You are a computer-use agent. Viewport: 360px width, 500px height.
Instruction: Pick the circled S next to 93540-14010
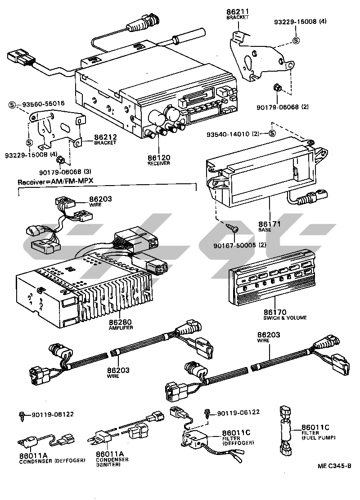point(272,133)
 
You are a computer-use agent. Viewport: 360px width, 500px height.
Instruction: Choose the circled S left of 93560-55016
point(13,105)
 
